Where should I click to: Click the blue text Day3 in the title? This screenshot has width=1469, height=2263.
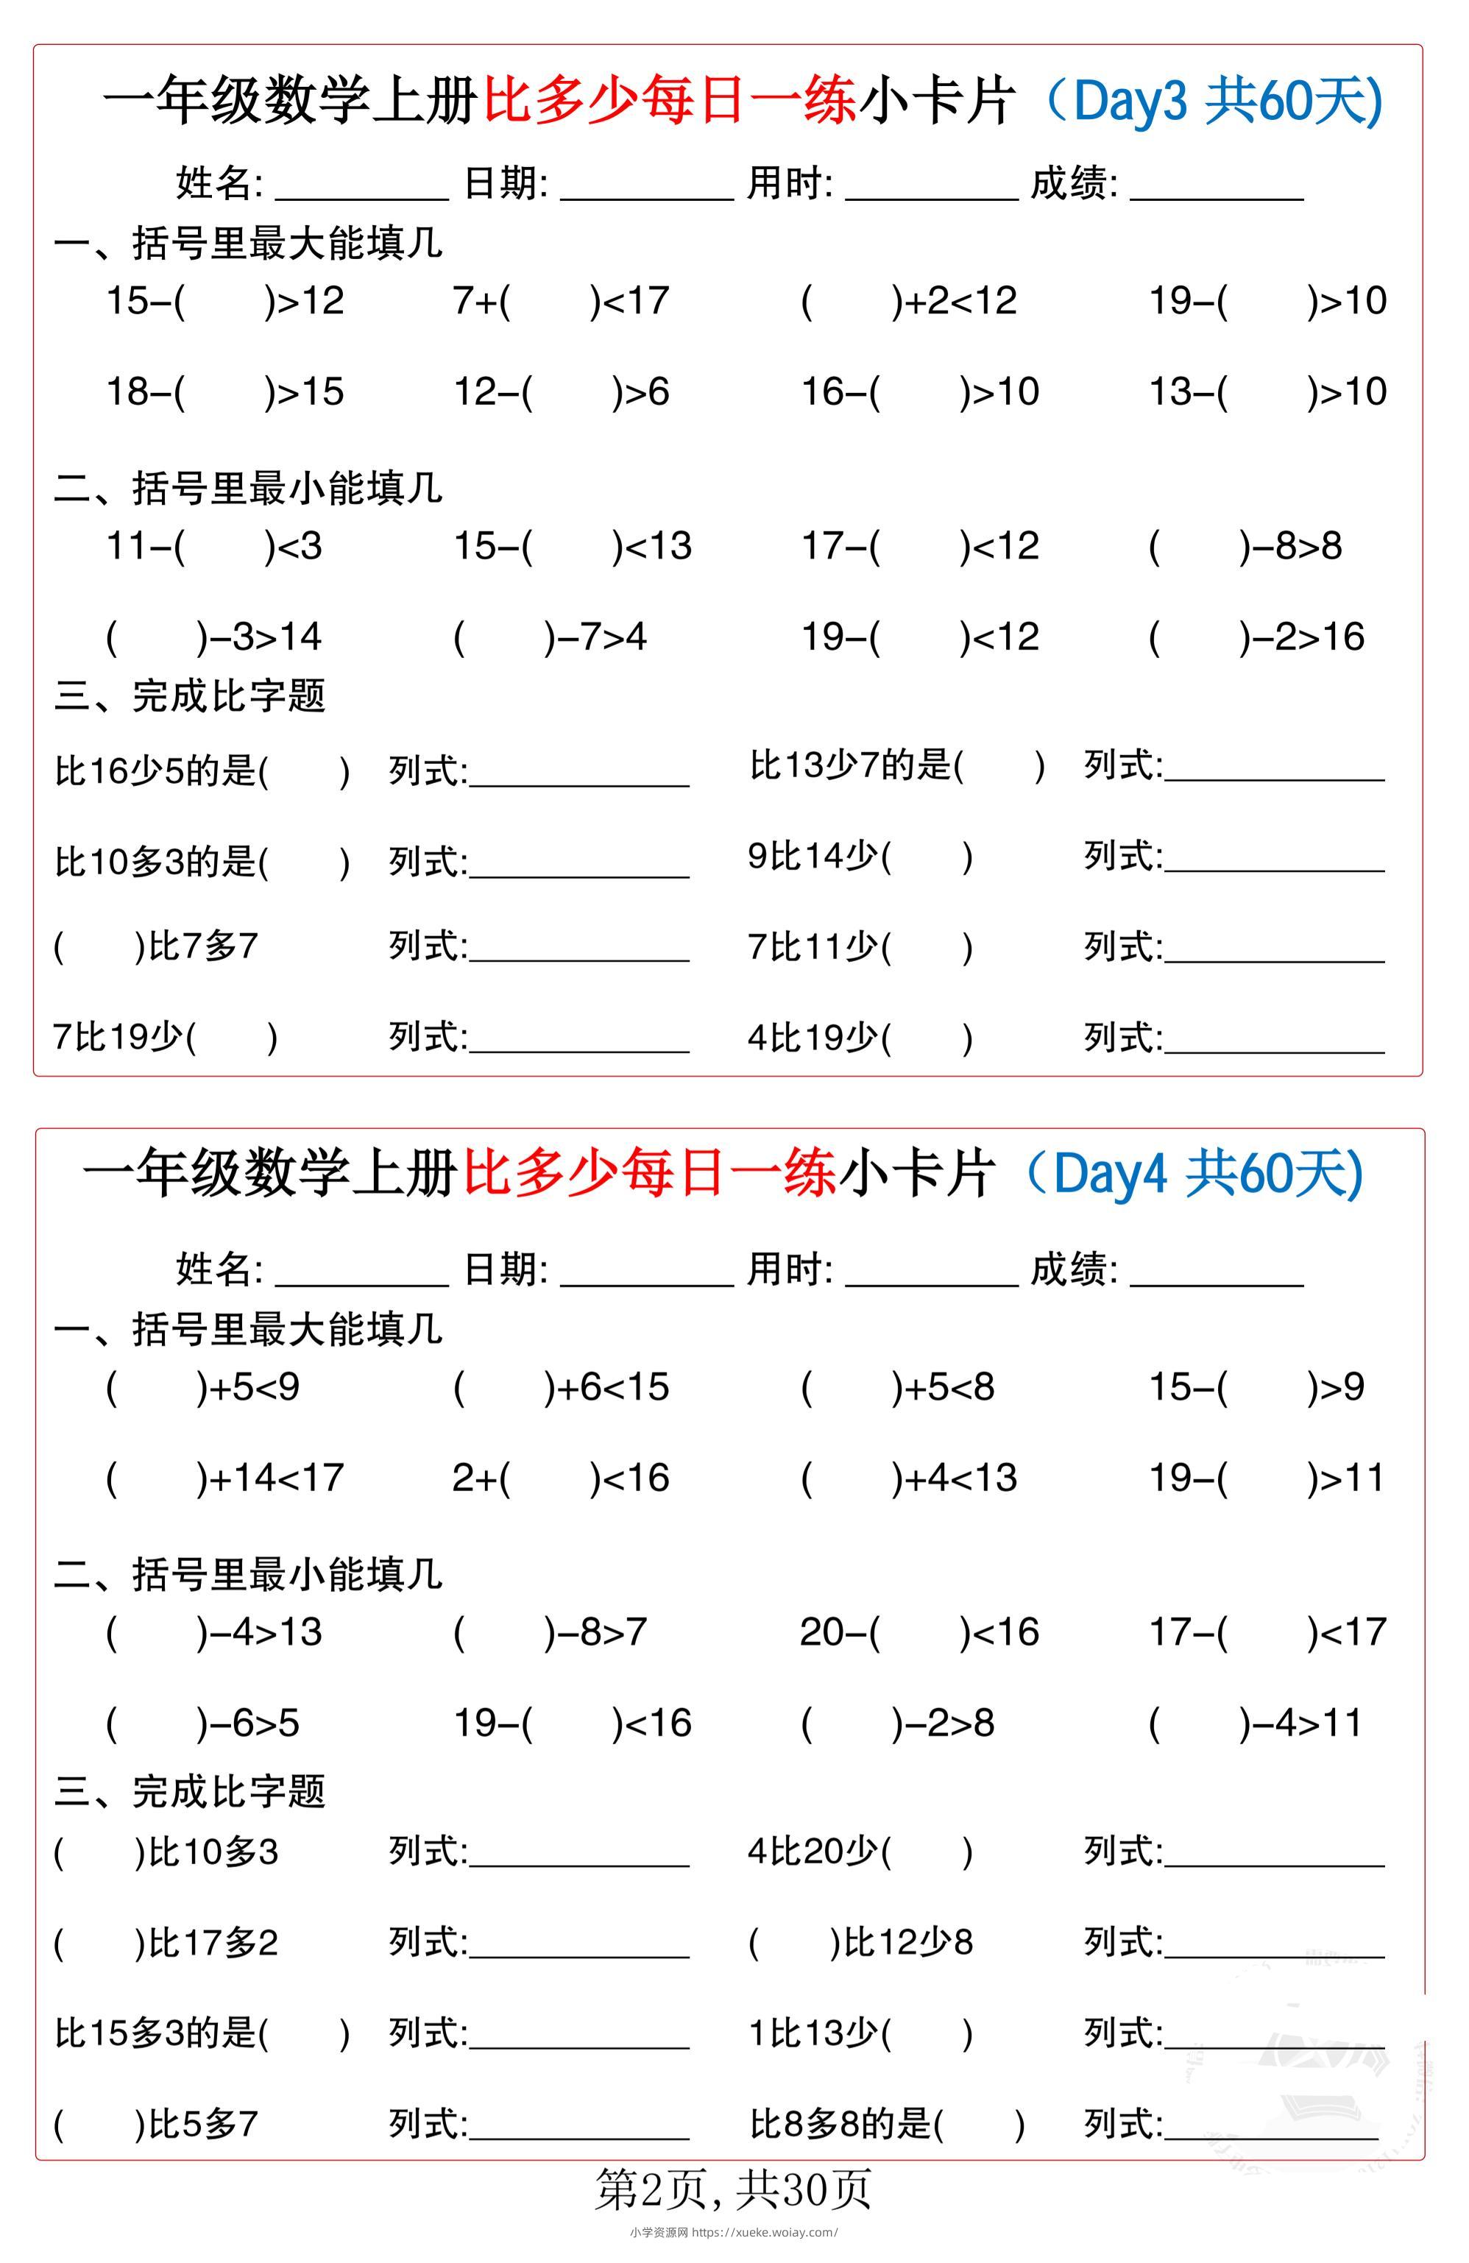1130,102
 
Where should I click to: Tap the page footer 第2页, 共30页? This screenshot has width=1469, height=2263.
732,2189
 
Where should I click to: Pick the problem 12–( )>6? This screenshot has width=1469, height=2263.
561,392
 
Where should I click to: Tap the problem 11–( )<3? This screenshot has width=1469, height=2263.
214,547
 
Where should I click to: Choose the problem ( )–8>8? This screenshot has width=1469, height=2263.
1245,547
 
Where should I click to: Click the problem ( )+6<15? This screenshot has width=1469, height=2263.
561,1387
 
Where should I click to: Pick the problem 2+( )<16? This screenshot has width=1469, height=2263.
561,1478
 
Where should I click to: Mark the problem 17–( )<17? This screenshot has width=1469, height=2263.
1267,1632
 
